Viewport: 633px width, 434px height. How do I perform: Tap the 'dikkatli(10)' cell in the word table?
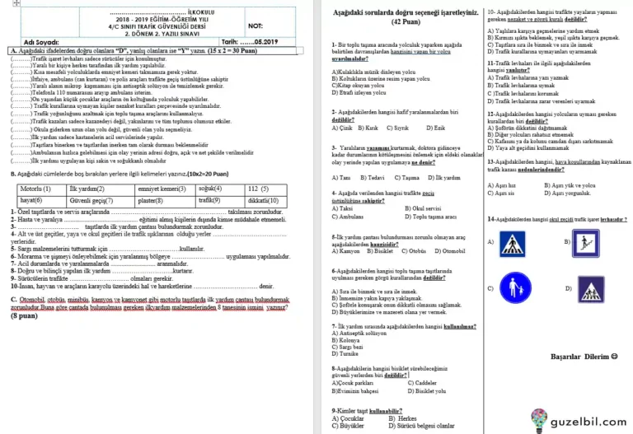263,200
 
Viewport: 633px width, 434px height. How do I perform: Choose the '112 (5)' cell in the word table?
263,189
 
